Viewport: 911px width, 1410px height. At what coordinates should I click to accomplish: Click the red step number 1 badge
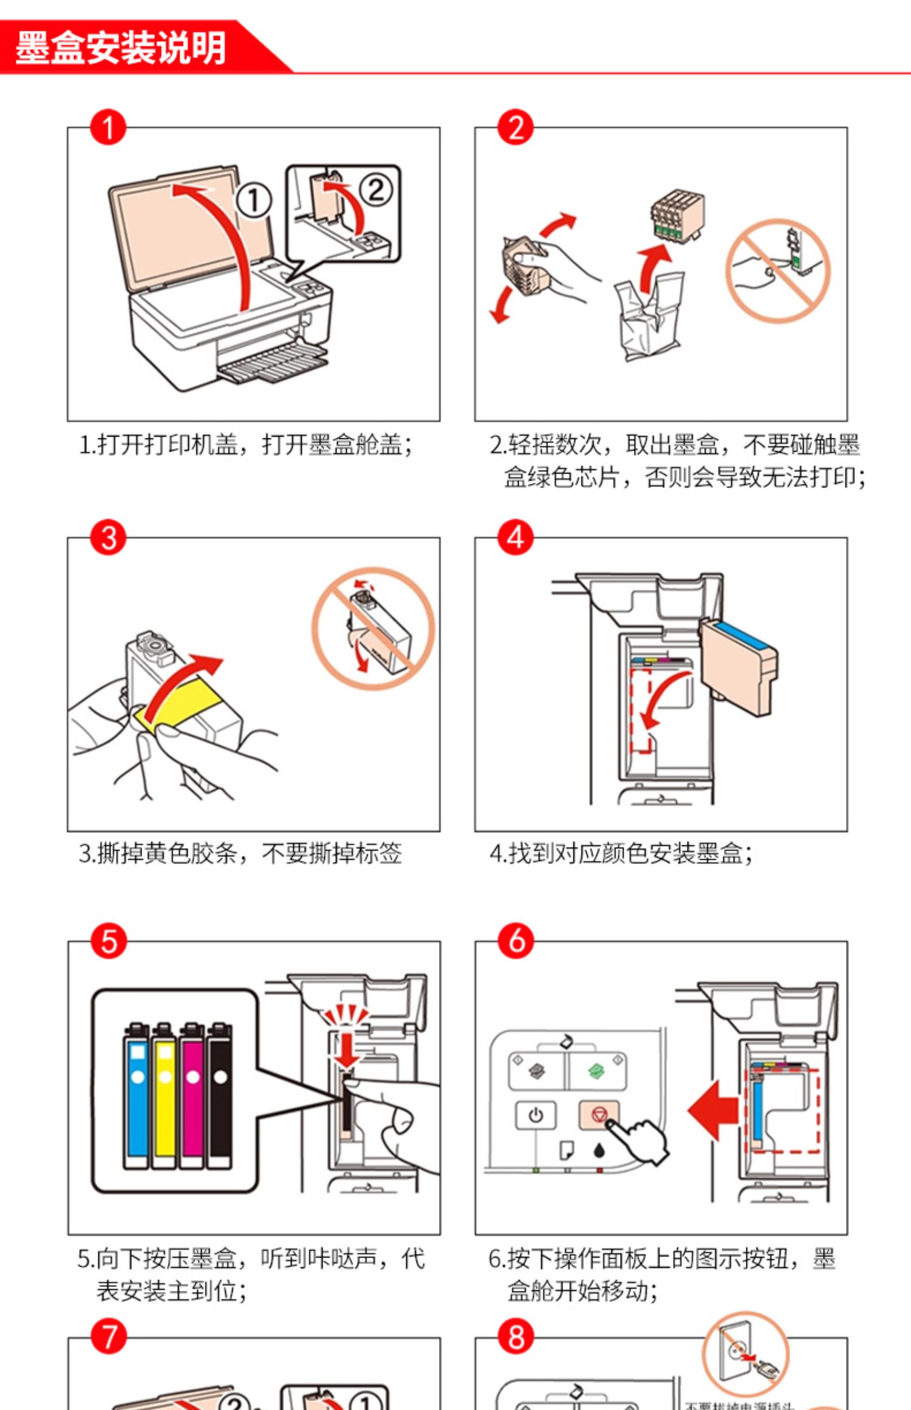108,128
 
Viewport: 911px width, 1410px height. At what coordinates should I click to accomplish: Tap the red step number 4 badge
516,537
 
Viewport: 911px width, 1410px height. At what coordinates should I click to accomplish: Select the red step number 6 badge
516,941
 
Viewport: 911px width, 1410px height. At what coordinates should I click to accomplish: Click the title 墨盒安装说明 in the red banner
120,47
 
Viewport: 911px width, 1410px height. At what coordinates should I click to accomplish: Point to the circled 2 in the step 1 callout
377,190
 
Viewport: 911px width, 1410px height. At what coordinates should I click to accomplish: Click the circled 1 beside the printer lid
253,201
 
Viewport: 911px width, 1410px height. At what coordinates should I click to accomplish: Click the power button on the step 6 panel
535,1115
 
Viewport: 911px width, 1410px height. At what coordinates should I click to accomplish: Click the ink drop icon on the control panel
599,1150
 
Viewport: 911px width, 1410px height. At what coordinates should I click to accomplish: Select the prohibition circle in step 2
777,270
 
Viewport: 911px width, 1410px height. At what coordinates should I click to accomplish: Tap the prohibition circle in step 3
373,628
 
